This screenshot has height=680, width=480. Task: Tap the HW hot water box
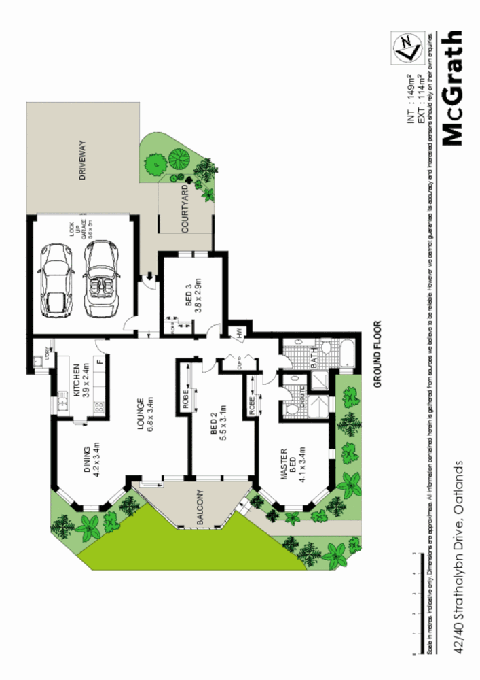[240, 333]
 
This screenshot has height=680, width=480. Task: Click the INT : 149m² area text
[410, 98]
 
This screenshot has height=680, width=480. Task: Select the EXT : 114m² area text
[421, 98]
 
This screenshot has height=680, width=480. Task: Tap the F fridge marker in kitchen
[99, 361]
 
